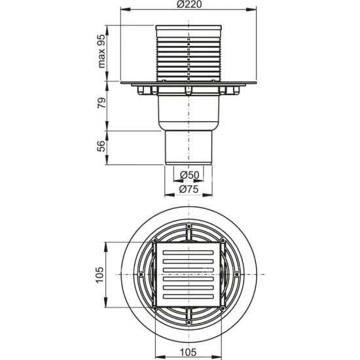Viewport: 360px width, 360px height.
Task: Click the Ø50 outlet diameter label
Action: pyautogui.click(x=189, y=175)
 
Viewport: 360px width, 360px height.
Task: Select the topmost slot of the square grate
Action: pyautogui.click(x=189, y=251)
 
